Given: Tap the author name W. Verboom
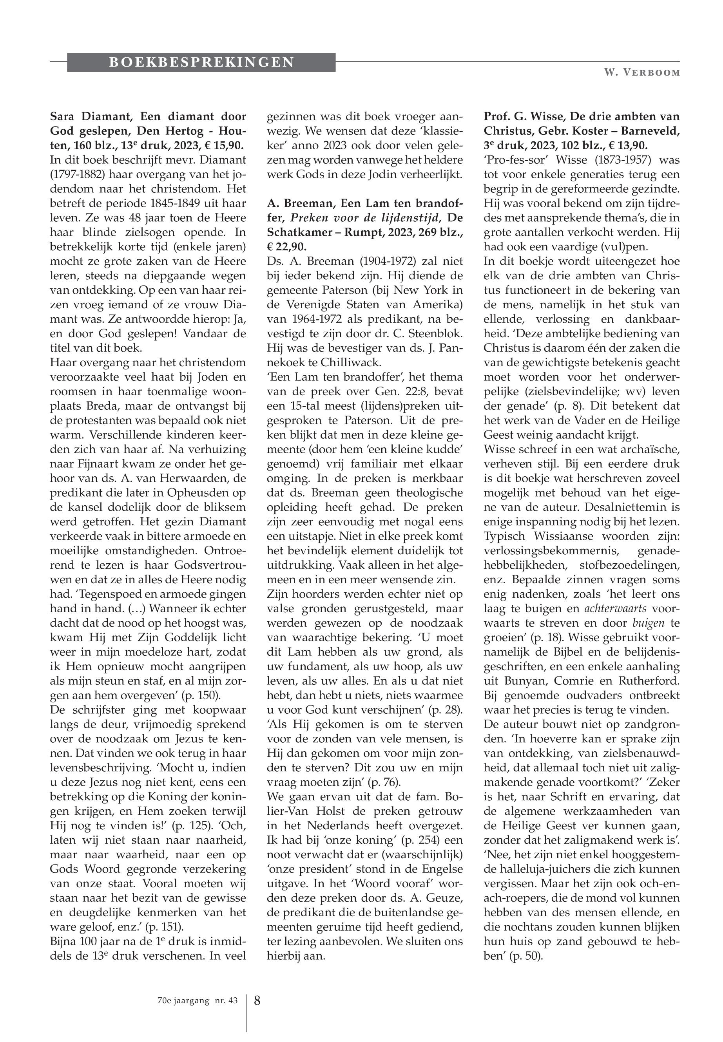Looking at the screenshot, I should click(641, 73).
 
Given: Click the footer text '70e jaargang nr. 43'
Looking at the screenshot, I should click(194, 1000).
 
